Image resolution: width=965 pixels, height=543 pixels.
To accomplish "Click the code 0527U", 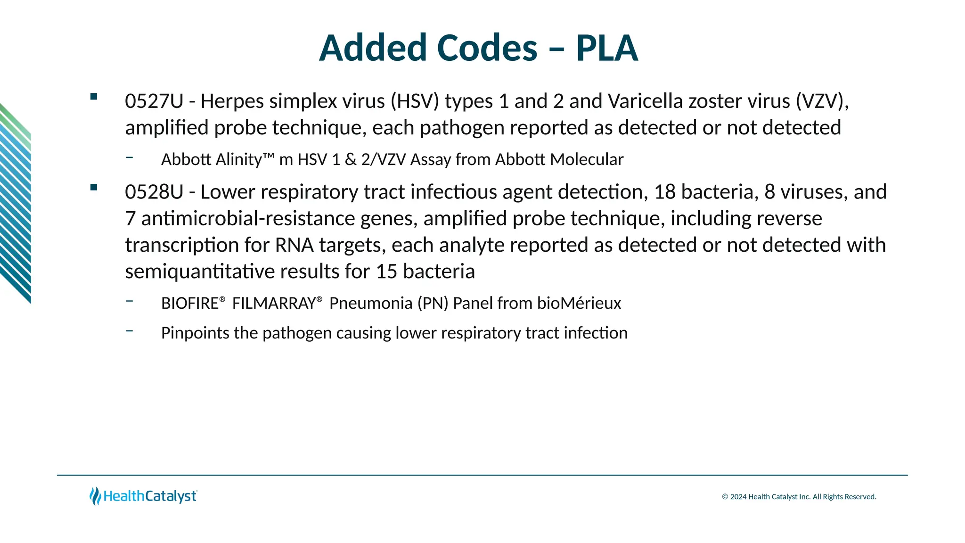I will [x=154, y=101].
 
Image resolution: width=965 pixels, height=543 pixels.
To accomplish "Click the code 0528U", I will [x=154, y=192].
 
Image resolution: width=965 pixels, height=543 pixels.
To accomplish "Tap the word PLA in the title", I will [x=607, y=48].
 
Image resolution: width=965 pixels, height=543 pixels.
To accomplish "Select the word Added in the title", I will [x=373, y=48].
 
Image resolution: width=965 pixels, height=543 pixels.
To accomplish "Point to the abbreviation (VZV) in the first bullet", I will [x=822, y=101].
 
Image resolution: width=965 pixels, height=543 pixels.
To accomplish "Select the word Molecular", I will [x=587, y=160].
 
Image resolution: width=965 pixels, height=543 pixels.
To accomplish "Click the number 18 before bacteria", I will [x=665, y=192].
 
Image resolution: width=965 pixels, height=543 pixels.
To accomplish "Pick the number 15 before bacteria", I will [x=386, y=272].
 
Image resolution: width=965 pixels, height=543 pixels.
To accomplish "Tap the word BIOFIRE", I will [x=190, y=303].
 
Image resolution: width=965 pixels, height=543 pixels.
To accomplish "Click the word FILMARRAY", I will [x=274, y=303].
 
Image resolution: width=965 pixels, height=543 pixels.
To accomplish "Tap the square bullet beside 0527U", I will [x=93, y=97].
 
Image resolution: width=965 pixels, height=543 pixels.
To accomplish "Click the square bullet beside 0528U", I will [x=93, y=187].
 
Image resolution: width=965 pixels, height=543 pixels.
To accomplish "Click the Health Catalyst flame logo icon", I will [x=95, y=496].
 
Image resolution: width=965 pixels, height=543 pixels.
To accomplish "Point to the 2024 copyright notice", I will [x=799, y=497].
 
